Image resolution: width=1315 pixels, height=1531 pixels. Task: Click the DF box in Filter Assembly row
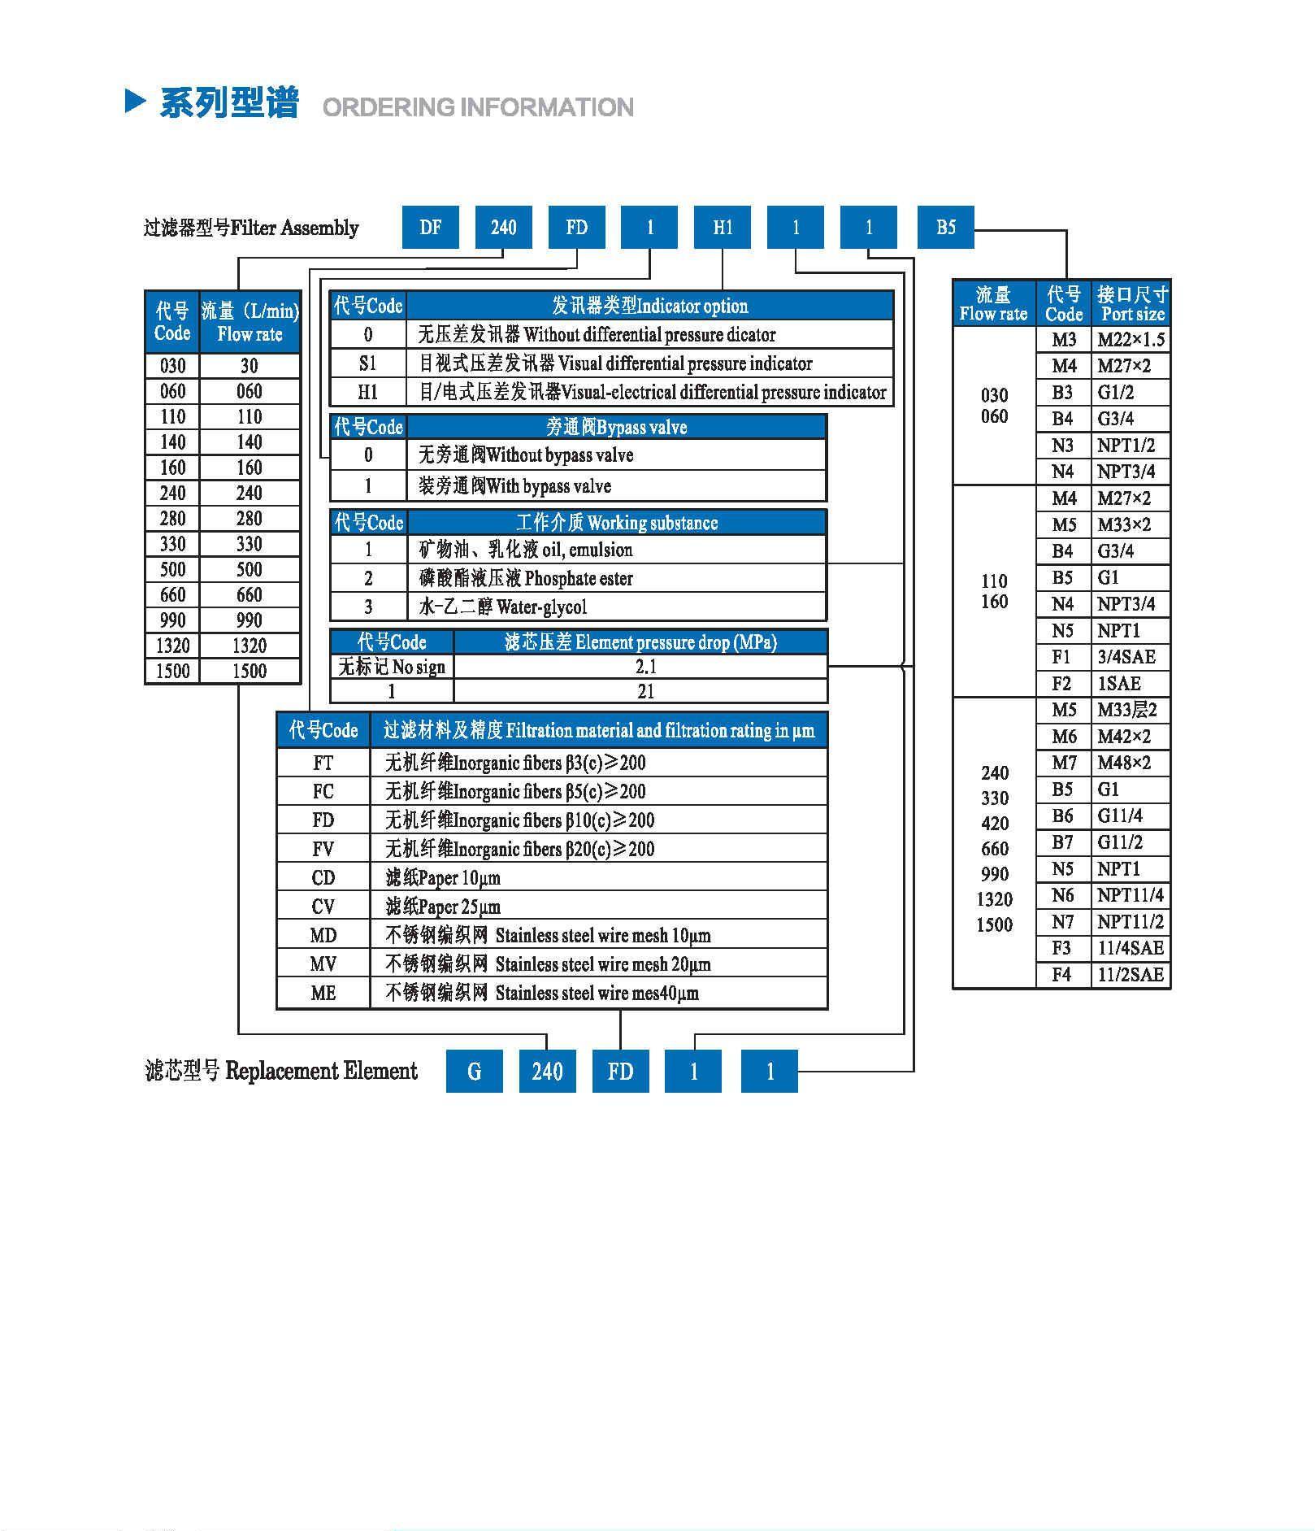(430, 227)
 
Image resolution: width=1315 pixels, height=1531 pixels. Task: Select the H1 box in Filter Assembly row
(722, 227)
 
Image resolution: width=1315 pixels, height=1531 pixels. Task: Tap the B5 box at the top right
(945, 227)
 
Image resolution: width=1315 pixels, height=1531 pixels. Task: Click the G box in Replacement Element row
(474, 1071)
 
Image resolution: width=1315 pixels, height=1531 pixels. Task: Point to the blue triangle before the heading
(136, 101)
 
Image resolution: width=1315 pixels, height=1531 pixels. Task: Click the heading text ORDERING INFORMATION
(478, 107)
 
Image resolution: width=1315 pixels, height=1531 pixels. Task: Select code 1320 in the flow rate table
(172, 646)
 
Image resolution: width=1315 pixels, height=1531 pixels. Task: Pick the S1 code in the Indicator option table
(367, 363)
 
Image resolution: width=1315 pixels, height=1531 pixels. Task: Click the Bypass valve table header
(616, 427)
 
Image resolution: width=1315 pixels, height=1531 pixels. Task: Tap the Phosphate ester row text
(525, 579)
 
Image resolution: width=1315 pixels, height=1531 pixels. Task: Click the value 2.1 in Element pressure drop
(645, 667)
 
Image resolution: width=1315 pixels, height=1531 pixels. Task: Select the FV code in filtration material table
(323, 849)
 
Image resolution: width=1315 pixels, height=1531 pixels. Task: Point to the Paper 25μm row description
(443, 907)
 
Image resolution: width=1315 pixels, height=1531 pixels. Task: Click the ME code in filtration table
(323, 993)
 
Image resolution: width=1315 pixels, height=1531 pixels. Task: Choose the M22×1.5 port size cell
(1130, 340)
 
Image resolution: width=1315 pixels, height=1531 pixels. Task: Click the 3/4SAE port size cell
(1126, 657)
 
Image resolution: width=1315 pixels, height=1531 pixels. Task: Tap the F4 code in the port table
(1061, 974)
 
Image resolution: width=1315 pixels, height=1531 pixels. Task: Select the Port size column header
(1131, 303)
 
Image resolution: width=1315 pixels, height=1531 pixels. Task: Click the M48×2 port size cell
(1124, 763)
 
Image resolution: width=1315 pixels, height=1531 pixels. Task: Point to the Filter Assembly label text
(251, 228)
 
